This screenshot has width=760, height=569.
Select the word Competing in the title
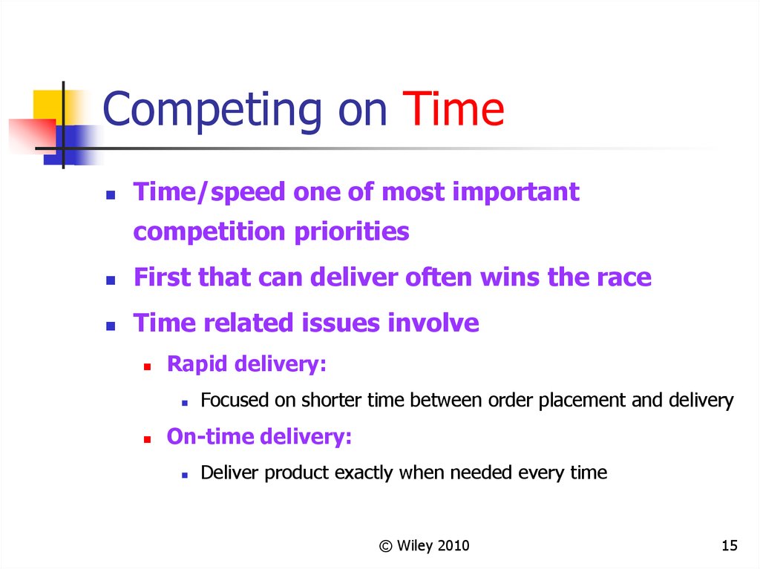coord(212,111)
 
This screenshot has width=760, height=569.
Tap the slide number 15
coord(730,546)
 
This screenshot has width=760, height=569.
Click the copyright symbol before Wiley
coord(386,546)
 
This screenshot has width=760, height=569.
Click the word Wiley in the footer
coord(415,546)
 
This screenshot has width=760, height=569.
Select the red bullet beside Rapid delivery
coord(148,367)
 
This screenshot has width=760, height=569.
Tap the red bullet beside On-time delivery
coord(148,440)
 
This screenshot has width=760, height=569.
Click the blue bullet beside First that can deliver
coord(111,280)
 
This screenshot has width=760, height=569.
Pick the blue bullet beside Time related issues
coord(111,326)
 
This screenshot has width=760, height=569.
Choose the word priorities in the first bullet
coord(352,232)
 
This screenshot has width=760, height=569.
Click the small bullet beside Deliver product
coord(185,476)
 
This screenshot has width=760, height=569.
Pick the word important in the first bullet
coord(516,193)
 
